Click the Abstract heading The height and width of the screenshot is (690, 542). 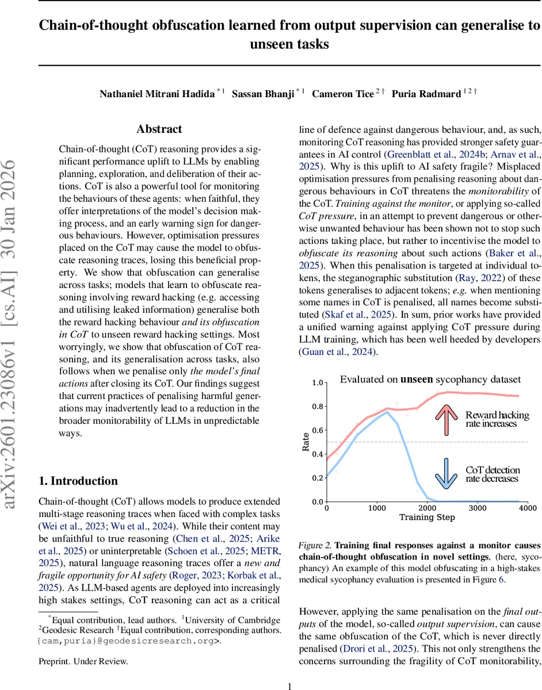(x=159, y=129)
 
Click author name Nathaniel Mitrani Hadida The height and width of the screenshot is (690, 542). (x=157, y=94)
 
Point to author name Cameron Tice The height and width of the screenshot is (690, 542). (x=343, y=94)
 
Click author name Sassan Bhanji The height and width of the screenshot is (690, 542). (x=262, y=94)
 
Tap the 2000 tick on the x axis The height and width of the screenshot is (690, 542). (x=427, y=508)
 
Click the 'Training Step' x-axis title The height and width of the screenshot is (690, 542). (x=427, y=517)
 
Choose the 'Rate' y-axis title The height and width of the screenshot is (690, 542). (x=306, y=441)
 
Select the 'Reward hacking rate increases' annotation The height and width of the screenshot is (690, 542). (x=491, y=419)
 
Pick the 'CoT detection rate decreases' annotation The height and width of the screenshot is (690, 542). (x=492, y=474)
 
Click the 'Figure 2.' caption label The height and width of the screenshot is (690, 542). (x=315, y=545)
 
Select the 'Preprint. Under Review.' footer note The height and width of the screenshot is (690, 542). (x=83, y=661)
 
